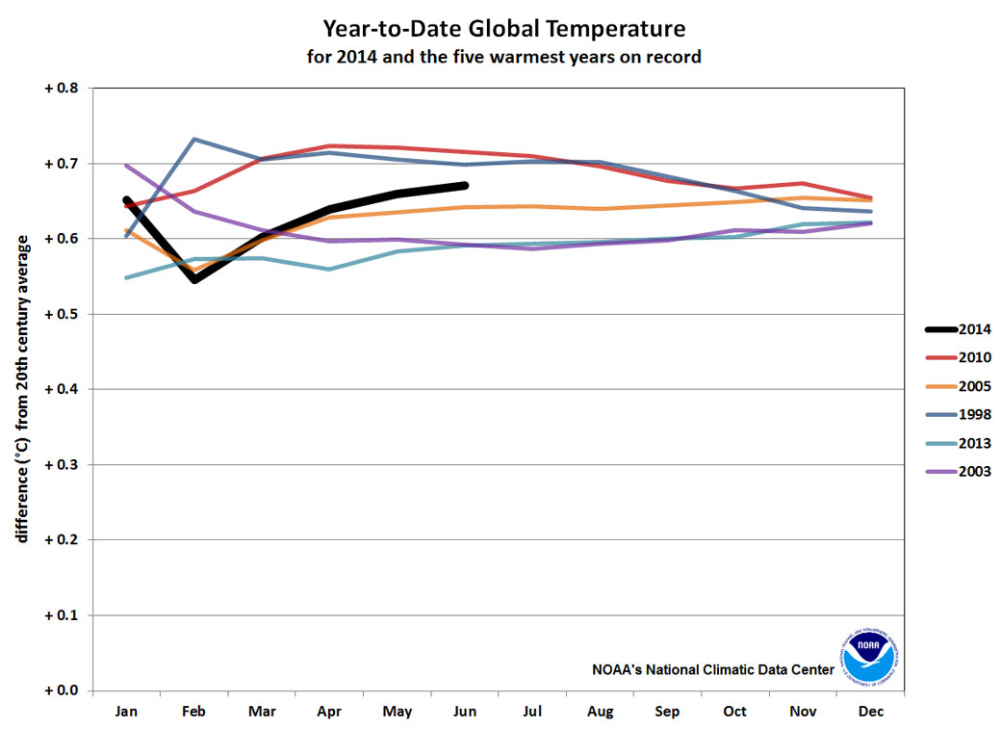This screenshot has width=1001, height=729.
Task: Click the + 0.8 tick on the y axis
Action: pos(62,89)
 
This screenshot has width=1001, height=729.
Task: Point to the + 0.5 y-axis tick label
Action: pos(62,314)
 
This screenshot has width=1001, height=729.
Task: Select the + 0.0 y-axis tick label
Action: pos(62,690)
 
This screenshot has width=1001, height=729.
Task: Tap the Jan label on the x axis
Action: pos(126,712)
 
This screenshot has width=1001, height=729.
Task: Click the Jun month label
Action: pos(465,712)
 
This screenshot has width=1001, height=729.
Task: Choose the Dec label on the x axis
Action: pos(870,712)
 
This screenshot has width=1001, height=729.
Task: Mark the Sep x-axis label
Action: pos(667,712)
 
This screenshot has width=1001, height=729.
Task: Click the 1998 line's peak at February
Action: pos(194,139)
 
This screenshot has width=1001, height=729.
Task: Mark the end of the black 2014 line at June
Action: pos(465,185)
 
